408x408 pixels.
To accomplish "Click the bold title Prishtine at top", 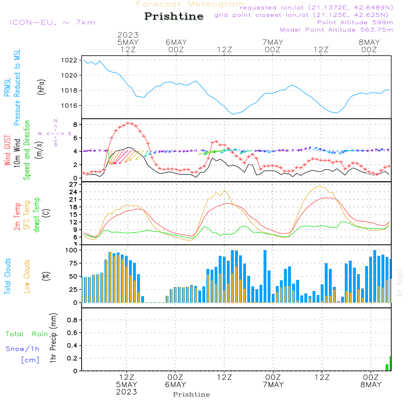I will click(x=174, y=16).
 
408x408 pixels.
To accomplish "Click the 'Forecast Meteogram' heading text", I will click(x=190, y=4).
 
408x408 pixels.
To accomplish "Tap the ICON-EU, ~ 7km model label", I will click(x=52, y=22).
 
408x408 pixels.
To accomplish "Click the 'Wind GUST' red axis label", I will click(x=7, y=150).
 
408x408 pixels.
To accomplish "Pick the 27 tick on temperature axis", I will click(x=74, y=184).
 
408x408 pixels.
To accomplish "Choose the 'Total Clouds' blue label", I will click(x=7, y=276).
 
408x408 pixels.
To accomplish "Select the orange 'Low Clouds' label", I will click(x=27, y=276).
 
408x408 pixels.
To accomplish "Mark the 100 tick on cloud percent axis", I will click(x=71, y=250).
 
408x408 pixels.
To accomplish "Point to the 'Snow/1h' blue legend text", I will click(x=22, y=349).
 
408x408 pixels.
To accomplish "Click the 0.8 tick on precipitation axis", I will click(x=72, y=320).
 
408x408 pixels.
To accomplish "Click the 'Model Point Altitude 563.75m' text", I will click(x=337, y=30).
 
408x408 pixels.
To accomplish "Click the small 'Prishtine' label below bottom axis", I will click(x=191, y=395).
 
